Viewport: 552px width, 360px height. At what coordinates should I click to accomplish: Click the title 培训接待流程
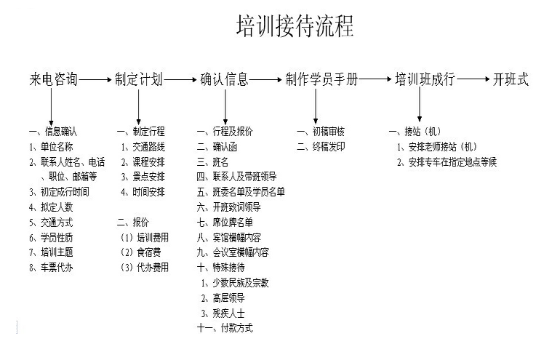(295, 26)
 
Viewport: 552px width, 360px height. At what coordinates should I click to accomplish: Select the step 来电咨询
(53, 79)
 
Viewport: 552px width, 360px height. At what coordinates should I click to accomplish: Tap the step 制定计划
(139, 79)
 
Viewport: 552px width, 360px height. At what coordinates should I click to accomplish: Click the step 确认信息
(224, 79)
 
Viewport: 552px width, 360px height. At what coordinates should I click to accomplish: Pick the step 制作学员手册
(321, 79)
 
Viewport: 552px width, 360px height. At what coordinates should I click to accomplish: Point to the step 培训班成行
(425, 79)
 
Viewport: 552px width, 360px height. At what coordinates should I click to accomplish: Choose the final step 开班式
(511, 79)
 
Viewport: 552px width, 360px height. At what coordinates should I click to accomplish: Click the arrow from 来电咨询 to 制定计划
(95, 80)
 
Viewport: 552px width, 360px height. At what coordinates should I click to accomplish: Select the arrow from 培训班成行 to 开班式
(473, 79)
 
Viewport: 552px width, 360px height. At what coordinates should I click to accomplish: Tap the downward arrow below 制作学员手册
(316, 106)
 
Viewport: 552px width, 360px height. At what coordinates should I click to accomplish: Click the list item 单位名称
(57, 147)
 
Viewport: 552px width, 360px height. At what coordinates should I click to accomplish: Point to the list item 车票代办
(57, 268)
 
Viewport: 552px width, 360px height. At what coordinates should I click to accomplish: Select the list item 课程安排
(148, 162)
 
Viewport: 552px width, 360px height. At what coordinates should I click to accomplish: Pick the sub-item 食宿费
(148, 252)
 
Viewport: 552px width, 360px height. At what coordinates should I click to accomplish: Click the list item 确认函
(225, 147)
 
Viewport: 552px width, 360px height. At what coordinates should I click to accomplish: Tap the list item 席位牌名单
(233, 222)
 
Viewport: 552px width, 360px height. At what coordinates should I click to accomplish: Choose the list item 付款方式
(236, 328)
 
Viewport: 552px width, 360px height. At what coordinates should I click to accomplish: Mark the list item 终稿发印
(329, 146)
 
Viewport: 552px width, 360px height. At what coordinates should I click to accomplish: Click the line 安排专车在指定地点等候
(452, 162)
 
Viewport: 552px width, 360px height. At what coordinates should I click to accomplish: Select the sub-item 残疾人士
(228, 313)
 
